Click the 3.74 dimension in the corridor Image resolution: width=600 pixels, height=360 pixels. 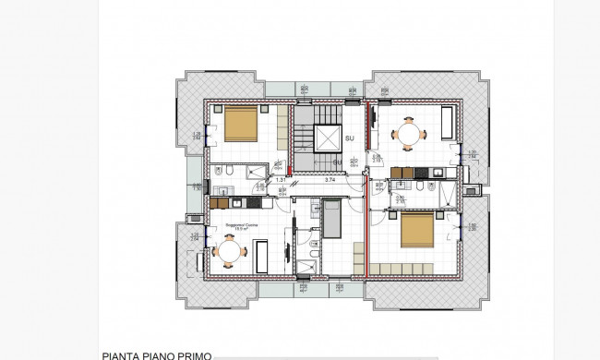pos(330,180)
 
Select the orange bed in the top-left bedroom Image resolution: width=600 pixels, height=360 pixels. pos(240,122)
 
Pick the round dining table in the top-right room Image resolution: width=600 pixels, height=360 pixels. pos(407,134)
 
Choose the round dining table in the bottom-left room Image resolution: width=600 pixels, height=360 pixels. pos(228,250)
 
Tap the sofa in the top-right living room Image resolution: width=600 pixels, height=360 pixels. pos(446,123)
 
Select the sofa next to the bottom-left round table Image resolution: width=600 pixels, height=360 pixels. pos(260,253)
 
